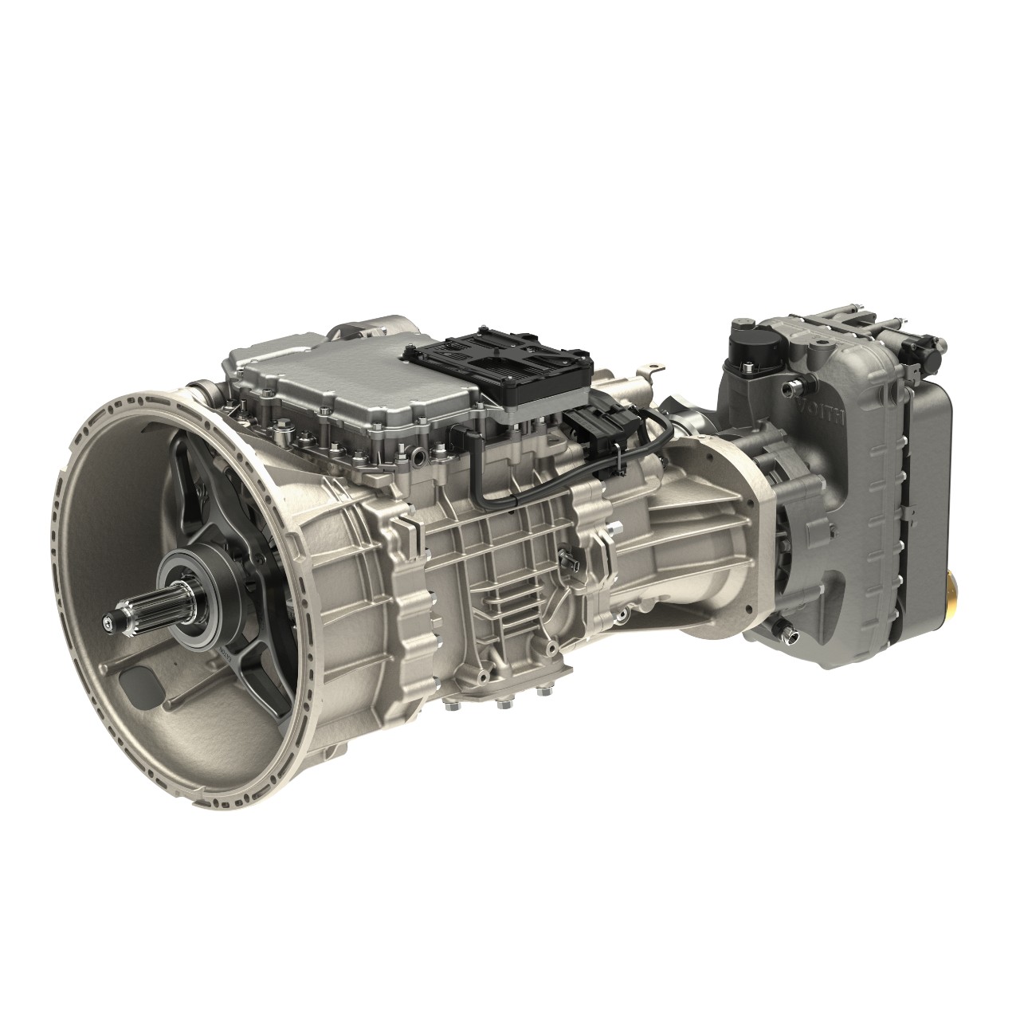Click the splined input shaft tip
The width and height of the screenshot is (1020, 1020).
112,618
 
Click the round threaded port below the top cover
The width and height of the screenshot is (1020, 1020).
418,457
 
